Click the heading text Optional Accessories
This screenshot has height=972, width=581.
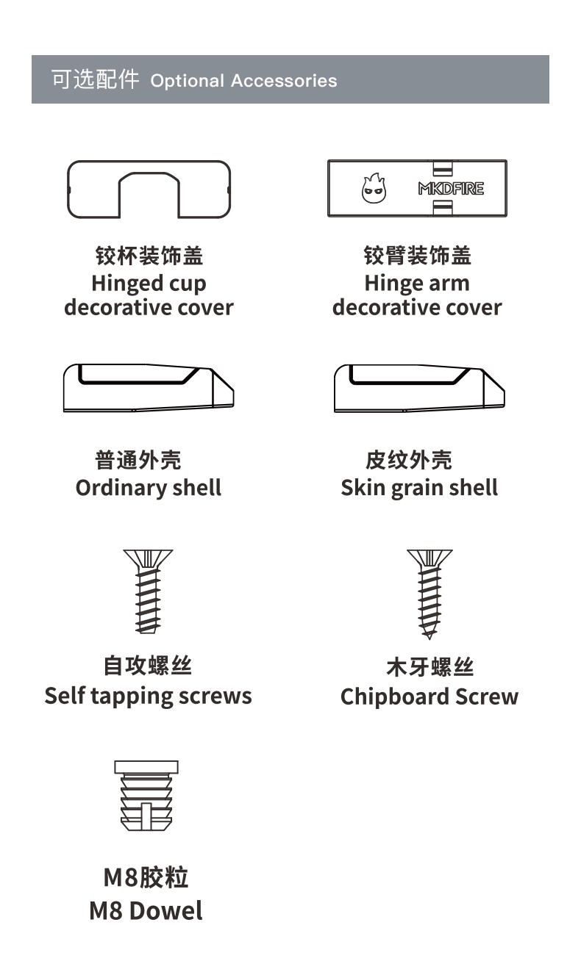coord(243,81)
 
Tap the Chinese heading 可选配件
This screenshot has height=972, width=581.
coord(95,79)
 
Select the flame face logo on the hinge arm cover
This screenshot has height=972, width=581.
coord(371,189)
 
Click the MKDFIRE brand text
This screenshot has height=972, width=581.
coord(451,189)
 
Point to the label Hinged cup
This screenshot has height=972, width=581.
coord(149,284)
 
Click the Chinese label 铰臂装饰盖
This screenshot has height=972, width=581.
coord(417,256)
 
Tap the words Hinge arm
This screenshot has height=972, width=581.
coord(416,284)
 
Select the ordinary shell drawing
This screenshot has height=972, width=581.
coord(149,388)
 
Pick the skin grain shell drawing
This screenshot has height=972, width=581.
coord(419,388)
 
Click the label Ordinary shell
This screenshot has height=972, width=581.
coord(149,488)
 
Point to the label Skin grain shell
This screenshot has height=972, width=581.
coord(419,488)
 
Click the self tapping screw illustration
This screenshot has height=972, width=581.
coord(148,591)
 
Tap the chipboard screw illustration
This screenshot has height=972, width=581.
coord(429,594)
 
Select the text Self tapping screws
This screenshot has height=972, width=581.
coord(148,696)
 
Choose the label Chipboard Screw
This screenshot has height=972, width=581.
coord(429,696)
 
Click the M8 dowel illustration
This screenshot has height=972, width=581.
coord(146,796)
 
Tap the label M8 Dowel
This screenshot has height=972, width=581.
coord(146,911)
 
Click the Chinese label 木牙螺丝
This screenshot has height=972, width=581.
coord(429,667)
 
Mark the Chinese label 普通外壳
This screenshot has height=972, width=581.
coord(138,461)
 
